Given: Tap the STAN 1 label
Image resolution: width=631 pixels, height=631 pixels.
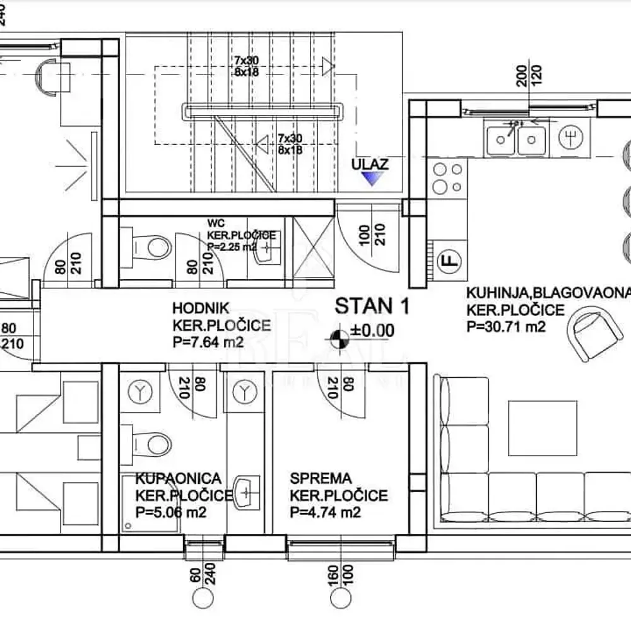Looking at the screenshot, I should [x=372, y=307].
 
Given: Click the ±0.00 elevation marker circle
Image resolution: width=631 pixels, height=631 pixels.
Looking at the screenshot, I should [x=339, y=338].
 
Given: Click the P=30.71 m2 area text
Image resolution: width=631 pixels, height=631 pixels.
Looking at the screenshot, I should [x=505, y=326].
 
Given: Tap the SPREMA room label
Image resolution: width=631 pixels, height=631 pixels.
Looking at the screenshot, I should [x=320, y=478].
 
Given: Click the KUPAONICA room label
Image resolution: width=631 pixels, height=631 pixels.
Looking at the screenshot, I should [x=178, y=478].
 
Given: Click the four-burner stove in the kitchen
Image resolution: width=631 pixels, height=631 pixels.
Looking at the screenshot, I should [x=447, y=178].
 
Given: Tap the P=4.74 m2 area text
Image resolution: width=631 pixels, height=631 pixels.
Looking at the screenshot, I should [x=326, y=512].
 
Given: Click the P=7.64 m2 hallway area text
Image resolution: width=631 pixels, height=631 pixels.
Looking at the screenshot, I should [x=207, y=343].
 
